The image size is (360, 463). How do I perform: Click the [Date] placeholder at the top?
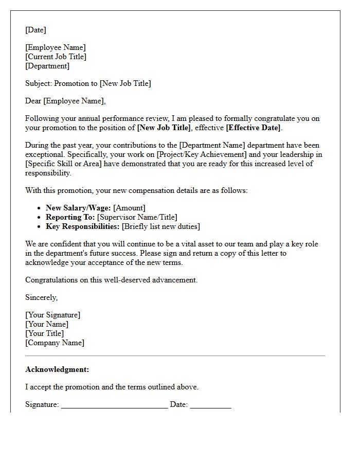(35, 30)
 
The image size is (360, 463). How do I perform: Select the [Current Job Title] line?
(56, 57)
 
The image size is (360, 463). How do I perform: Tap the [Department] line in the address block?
(47, 66)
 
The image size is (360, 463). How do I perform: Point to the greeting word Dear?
(33, 101)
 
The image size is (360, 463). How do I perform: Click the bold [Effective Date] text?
(253, 128)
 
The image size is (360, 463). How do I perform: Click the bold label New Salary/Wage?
(78, 208)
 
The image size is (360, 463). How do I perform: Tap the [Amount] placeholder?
(129, 208)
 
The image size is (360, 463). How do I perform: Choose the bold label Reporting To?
(70, 218)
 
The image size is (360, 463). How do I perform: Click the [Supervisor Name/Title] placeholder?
(137, 218)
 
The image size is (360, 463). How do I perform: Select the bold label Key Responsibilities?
(83, 227)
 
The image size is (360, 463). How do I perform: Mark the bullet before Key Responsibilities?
(40, 227)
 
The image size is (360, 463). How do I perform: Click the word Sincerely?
(41, 298)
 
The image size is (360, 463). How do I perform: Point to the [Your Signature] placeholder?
(53, 315)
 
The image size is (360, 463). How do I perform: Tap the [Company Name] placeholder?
(55, 343)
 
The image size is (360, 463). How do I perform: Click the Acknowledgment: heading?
(57, 370)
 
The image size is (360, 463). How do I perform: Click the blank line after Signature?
(114, 406)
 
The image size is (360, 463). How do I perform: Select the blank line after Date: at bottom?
(210, 406)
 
